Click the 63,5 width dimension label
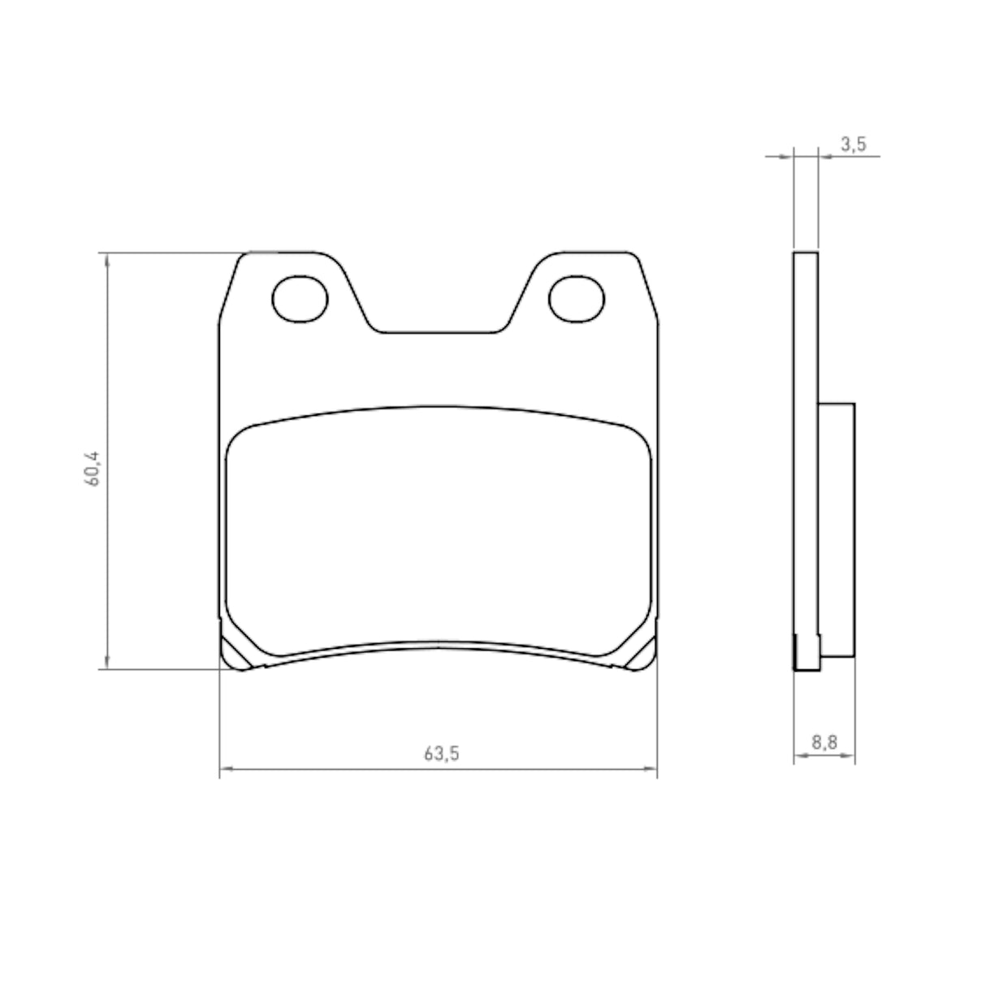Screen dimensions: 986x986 pos(441,753)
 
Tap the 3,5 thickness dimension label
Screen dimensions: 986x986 pos(853,145)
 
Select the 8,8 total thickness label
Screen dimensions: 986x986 pos(824,742)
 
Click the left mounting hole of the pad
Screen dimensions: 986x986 pos(299,300)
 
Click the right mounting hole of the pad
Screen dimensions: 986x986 pos(577,300)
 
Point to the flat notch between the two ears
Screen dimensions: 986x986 pos(439,332)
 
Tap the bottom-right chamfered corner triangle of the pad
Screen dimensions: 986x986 pos(644,652)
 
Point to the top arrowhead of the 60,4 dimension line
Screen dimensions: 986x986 pos(106,258)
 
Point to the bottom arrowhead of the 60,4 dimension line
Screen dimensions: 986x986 pos(106,664)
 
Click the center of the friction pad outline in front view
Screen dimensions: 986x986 pos(439,528)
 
